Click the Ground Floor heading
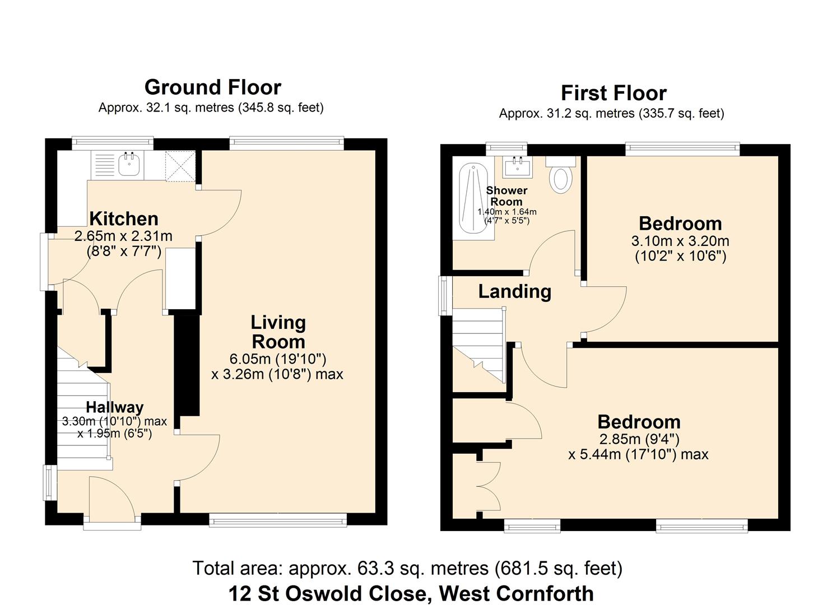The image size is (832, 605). click(212, 87)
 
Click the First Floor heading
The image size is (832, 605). click(613, 93)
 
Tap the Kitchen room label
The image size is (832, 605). click(124, 218)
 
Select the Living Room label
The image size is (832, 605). click(278, 332)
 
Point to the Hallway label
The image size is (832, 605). click(114, 407)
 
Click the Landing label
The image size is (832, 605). click(514, 291)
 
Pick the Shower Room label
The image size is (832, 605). click(506, 196)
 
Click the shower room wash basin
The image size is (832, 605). click(517, 166)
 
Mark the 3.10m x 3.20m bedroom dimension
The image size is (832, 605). click(680, 241)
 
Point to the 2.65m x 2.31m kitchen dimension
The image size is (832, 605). click(123, 236)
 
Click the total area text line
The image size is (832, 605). click(407, 568)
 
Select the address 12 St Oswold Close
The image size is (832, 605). click(411, 593)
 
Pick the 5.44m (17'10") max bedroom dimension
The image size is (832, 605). click(638, 454)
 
